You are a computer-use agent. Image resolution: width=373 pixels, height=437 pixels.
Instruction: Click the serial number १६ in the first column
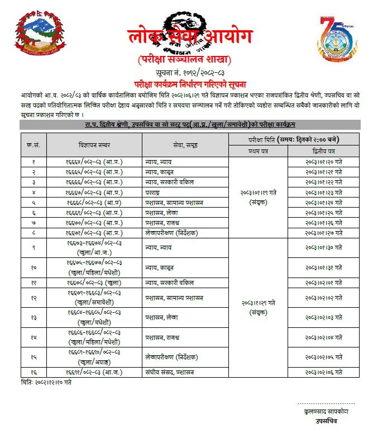pyautogui.click(x=33, y=371)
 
